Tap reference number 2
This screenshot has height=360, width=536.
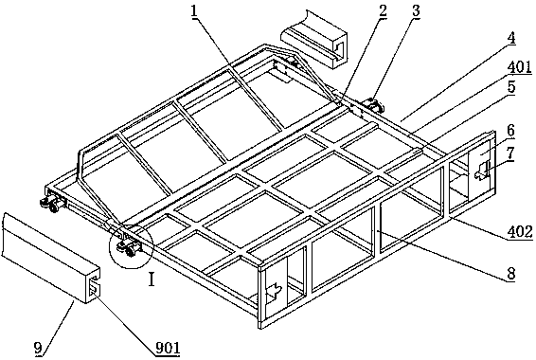[x=383, y=11]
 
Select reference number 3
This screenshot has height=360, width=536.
[x=416, y=11]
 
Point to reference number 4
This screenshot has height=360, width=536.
[x=510, y=38]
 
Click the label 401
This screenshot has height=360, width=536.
[x=519, y=67]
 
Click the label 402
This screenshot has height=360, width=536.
[x=520, y=232]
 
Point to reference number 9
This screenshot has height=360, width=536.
[x=38, y=349]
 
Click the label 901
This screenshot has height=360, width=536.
[x=168, y=349]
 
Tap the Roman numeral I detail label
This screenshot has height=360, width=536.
[x=152, y=280]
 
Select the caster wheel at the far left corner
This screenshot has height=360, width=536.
[x=51, y=205]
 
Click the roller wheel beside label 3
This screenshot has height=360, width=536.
[x=374, y=104]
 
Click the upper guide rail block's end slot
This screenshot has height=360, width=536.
[x=338, y=49]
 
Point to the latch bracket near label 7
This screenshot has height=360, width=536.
[x=483, y=171]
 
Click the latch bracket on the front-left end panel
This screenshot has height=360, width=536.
[x=275, y=291]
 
